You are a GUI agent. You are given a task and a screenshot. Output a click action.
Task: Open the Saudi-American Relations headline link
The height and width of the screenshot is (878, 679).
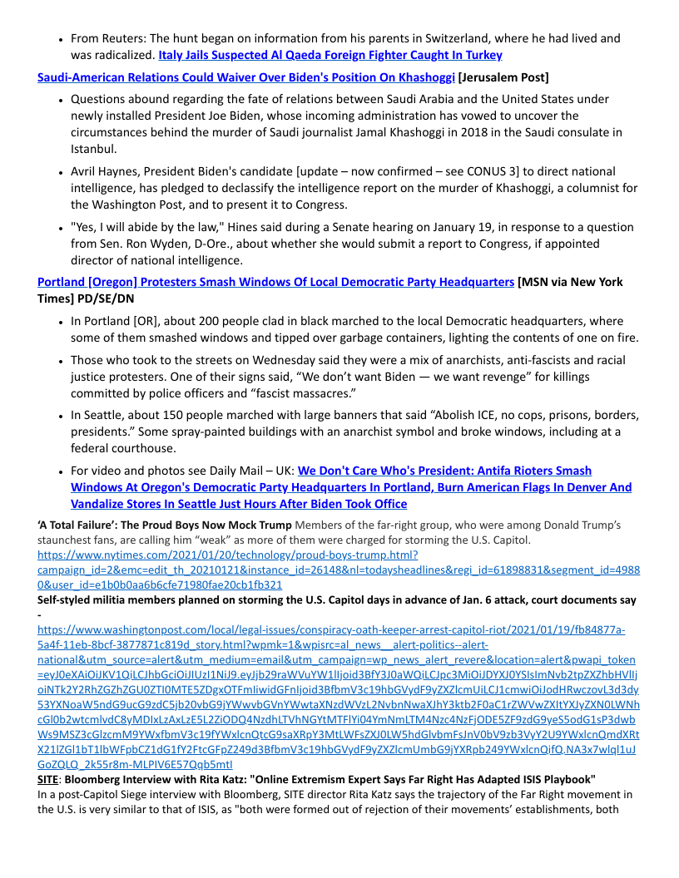point(245,77)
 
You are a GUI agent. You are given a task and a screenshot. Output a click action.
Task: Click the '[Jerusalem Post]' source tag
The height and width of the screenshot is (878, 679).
point(503,77)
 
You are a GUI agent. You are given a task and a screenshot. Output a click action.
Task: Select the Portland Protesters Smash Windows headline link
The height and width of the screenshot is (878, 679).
point(275,282)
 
